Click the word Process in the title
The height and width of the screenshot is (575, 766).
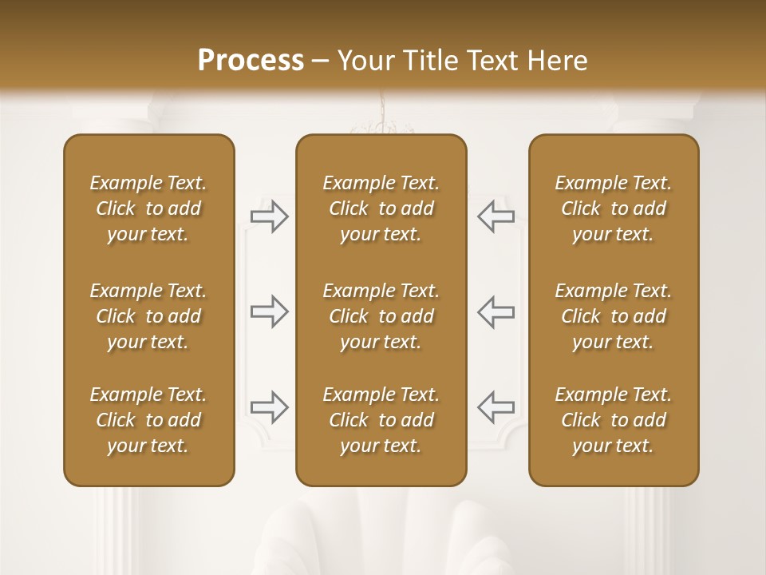tap(251, 60)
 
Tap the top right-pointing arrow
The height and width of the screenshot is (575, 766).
tap(270, 216)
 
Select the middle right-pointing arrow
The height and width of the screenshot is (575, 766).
tap(270, 311)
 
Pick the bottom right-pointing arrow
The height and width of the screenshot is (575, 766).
tap(270, 406)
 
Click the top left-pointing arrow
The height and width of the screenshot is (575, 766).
tap(496, 216)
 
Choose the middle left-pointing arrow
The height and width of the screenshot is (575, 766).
tap(496, 311)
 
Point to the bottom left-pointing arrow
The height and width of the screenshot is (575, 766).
tap(496, 406)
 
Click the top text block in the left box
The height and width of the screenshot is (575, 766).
tap(148, 208)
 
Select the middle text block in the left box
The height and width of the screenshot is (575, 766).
tap(148, 316)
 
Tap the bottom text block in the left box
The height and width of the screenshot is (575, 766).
tap(148, 420)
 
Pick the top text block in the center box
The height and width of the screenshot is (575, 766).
tap(381, 208)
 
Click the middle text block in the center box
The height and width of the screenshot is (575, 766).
tap(381, 316)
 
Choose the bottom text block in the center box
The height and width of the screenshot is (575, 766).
tap(381, 420)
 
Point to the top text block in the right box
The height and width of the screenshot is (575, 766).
tap(614, 208)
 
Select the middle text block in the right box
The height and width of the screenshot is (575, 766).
tap(614, 316)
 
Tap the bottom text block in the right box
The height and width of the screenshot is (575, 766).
tap(614, 420)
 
